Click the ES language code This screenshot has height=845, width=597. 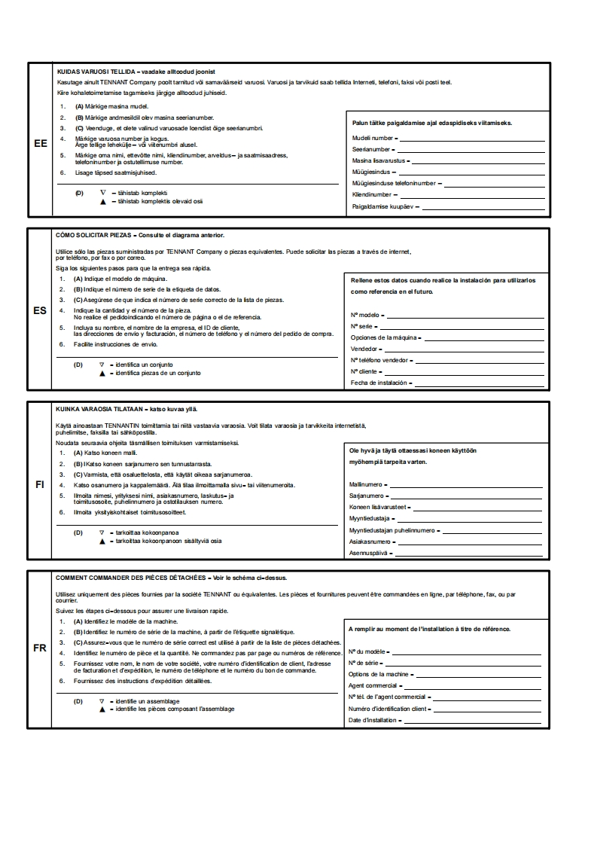pyautogui.click(x=41, y=310)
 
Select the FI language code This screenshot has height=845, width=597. pyautogui.click(x=41, y=484)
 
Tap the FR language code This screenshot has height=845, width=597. pyautogui.click(x=41, y=648)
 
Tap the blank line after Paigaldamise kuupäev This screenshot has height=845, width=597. pyautogui.click(x=482, y=206)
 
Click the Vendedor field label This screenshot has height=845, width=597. pyautogui.click(x=365, y=349)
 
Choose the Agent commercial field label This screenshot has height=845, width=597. pyautogui.click(x=373, y=686)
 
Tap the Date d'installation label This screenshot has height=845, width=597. pyautogui.click(x=373, y=721)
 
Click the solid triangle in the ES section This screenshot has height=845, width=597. pyautogui.click(x=102, y=373)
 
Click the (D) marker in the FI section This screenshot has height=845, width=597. pyautogui.click(x=78, y=532)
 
